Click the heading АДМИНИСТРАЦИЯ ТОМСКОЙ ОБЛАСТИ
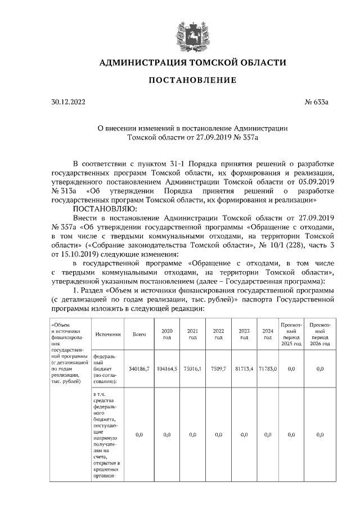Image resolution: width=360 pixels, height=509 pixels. [x=192, y=62]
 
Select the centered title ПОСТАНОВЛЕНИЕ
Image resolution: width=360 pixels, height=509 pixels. [x=192, y=81]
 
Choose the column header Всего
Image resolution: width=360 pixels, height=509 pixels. [x=139, y=334]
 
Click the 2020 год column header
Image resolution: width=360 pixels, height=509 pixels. [x=166, y=334]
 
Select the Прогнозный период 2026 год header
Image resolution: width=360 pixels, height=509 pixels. [x=319, y=334]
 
